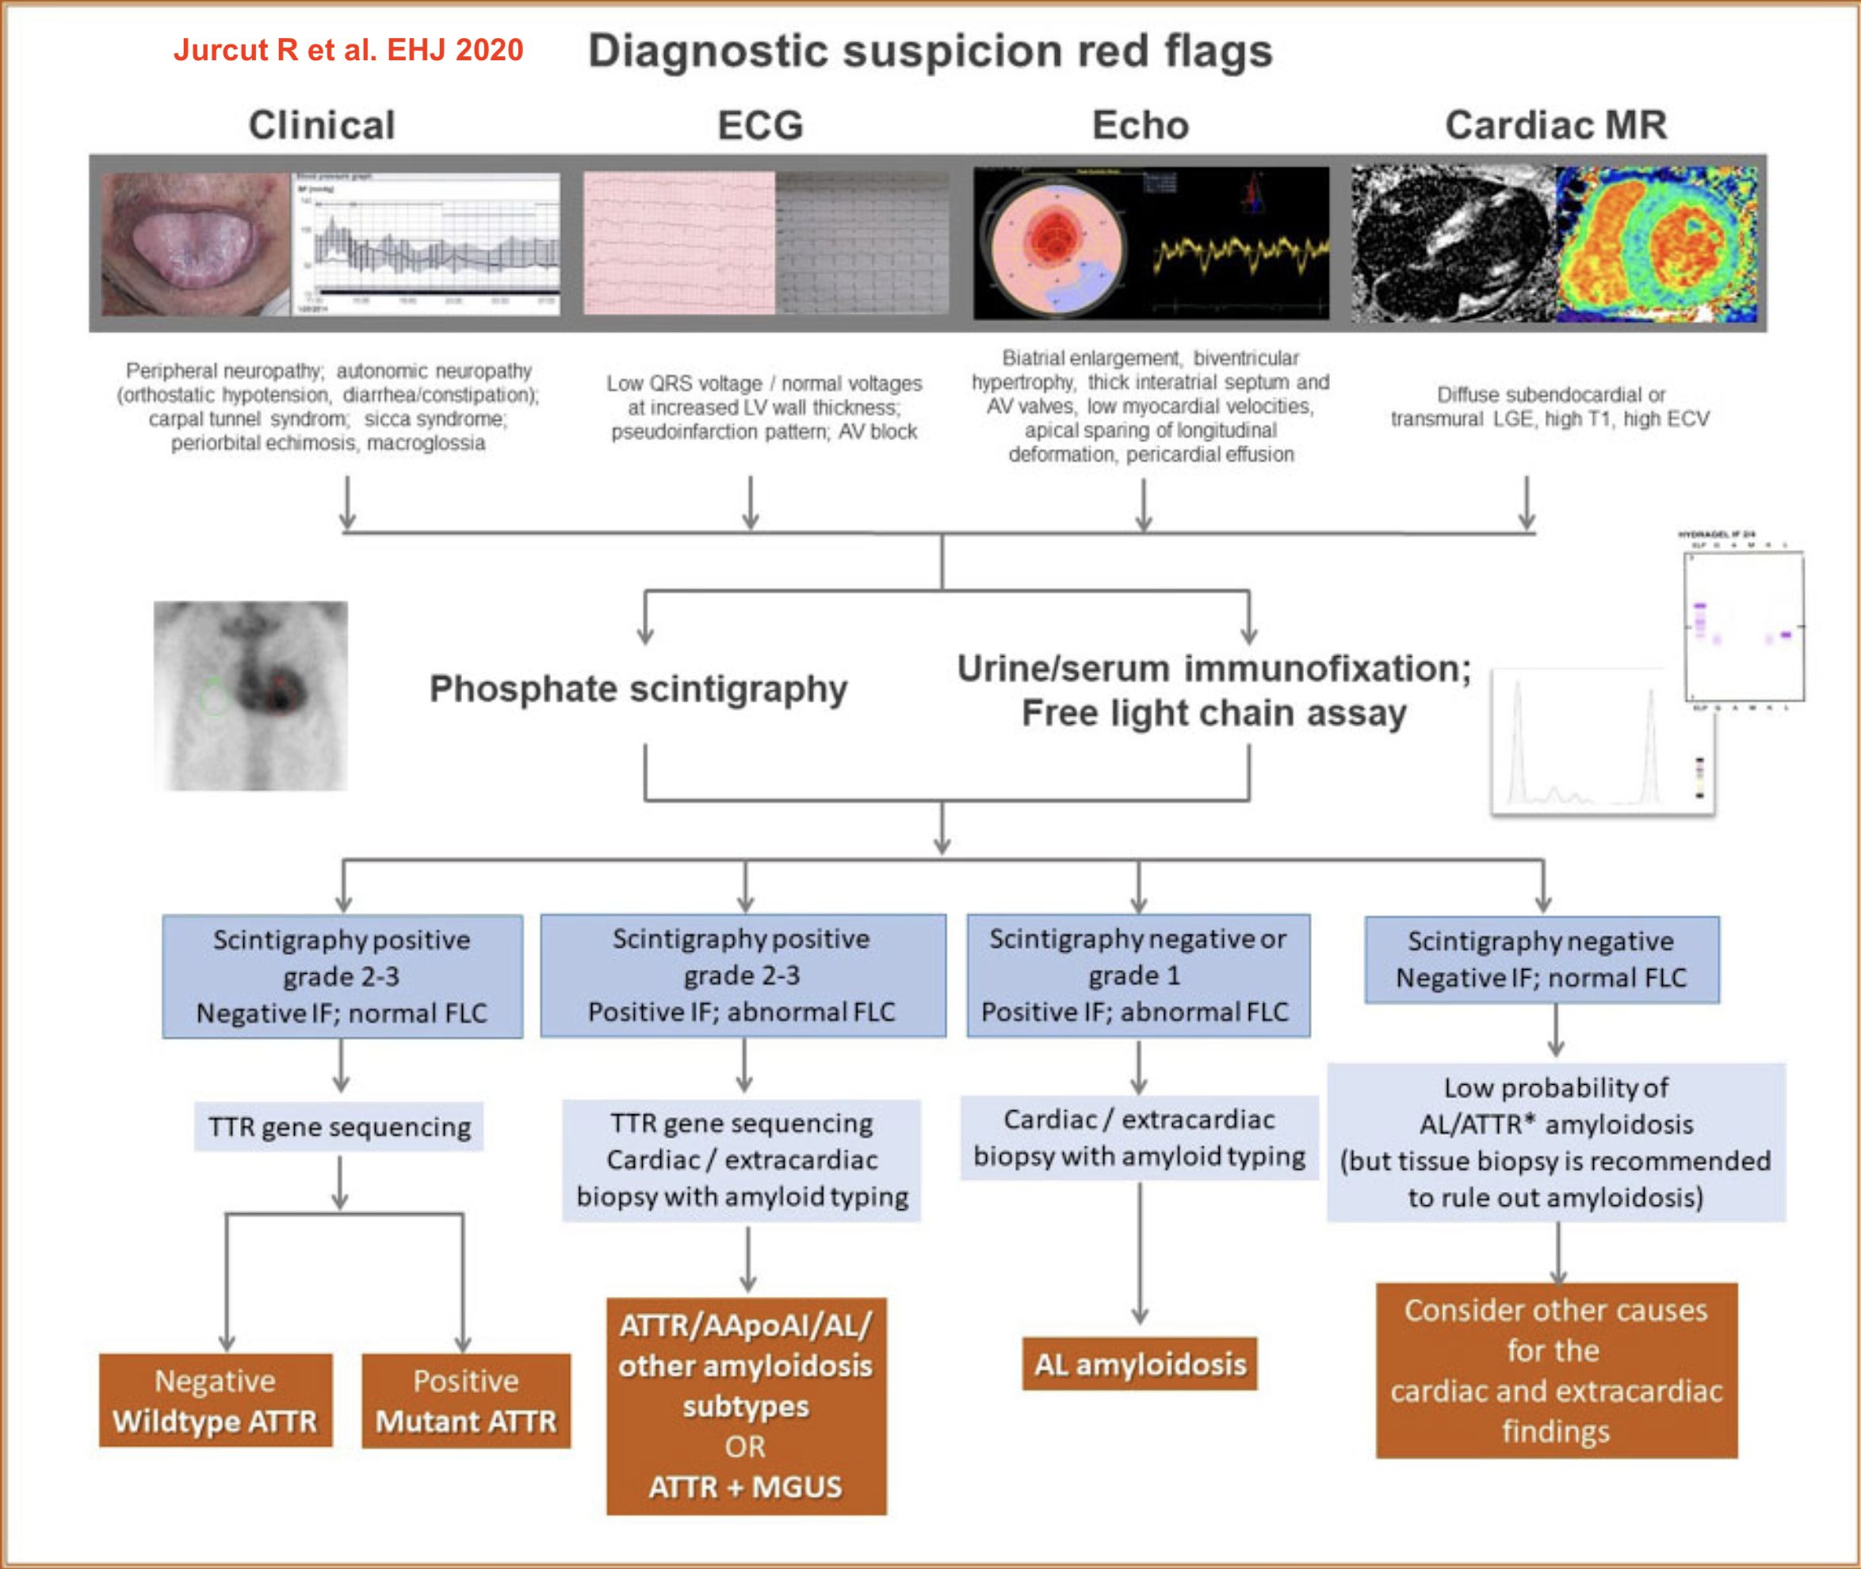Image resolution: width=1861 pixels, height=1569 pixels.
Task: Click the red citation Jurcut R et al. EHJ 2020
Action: pos(348,50)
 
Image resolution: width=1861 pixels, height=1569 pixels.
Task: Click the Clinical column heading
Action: pos(321,124)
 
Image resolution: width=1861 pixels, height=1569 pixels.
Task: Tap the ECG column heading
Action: pos(761,124)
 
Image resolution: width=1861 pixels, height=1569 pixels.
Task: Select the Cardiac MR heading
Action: pos(1556,124)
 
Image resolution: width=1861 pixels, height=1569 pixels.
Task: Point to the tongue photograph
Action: pos(195,244)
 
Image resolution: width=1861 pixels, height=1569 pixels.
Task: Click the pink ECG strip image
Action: pos(678,242)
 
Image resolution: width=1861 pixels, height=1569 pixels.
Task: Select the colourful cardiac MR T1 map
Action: pos(1657,244)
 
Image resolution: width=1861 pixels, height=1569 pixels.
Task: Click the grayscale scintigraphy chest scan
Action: pos(251,696)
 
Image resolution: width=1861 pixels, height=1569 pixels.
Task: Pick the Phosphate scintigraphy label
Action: pos(638,689)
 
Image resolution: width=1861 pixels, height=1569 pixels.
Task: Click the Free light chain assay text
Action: pos(1213,713)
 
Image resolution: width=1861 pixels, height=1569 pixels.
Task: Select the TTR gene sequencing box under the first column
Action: pos(339,1127)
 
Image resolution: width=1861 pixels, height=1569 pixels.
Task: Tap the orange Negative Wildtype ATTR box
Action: pos(216,1401)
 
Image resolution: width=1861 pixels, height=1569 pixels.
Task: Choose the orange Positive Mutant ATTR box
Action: pos(466,1401)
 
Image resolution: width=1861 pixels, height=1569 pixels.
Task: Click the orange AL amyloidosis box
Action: pos(1140,1364)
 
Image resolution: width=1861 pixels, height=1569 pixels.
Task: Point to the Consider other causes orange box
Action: pos(1556,1371)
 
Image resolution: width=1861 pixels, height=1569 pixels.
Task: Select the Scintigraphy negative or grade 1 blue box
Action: pos(1138,975)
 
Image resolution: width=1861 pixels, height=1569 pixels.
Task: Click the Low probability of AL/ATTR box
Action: pos(1556,1142)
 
